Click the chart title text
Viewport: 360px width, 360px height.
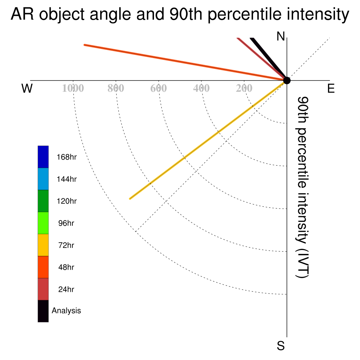pyautogui.click(x=180, y=14)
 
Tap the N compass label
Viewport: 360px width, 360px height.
pyautogui.click(x=281, y=36)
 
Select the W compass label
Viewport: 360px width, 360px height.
pyautogui.click(x=27, y=88)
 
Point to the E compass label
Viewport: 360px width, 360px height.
pyautogui.click(x=331, y=88)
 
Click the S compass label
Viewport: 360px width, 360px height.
pyautogui.click(x=281, y=346)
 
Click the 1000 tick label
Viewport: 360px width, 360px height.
pyautogui.click(x=73, y=88)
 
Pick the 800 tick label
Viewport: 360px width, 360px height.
pyautogui.click(x=116, y=88)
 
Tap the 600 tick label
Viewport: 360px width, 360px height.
pyautogui.click(x=159, y=88)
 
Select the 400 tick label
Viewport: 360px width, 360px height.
pyautogui.click(x=201, y=88)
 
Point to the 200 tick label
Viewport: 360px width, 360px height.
pyautogui.click(x=244, y=88)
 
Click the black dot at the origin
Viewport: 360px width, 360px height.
pyautogui.click(x=287, y=81)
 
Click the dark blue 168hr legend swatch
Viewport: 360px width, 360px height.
pyautogui.click(x=43, y=157)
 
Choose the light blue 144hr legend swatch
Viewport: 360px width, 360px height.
pyautogui.click(x=43, y=179)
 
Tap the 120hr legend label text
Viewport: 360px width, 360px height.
pyautogui.click(x=66, y=201)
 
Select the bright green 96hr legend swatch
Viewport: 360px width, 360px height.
pyautogui.click(x=43, y=223)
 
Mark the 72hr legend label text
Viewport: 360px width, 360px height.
pyautogui.click(x=66, y=245)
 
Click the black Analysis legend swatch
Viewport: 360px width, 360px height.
pyautogui.click(x=43, y=311)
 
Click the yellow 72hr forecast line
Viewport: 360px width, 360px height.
pyautogui.click(x=208, y=140)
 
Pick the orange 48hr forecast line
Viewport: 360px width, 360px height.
pyautogui.click(x=186, y=63)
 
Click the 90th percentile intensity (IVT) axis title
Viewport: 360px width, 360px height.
pyautogui.click(x=302, y=187)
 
